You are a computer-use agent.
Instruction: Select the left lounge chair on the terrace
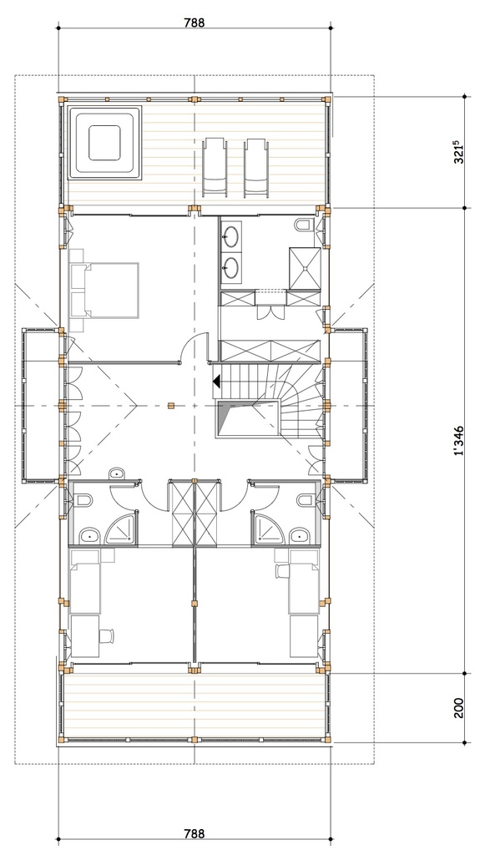[x=215, y=168]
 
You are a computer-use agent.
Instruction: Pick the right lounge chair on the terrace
[x=255, y=168]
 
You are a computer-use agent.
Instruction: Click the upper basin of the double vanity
[x=233, y=235]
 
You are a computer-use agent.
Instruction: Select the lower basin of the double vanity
[x=233, y=268]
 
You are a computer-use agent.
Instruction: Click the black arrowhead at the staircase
[x=215, y=382]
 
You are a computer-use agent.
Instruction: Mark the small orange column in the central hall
[x=170, y=406]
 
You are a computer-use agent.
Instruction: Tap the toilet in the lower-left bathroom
[x=83, y=501]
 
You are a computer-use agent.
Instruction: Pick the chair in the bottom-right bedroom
[x=281, y=572]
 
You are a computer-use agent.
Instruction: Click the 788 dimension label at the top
[x=194, y=23]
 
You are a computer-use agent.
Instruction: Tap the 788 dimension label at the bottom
[x=194, y=833]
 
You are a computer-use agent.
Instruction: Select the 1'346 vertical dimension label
[x=458, y=440]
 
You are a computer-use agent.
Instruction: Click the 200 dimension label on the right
[x=458, y=708]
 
